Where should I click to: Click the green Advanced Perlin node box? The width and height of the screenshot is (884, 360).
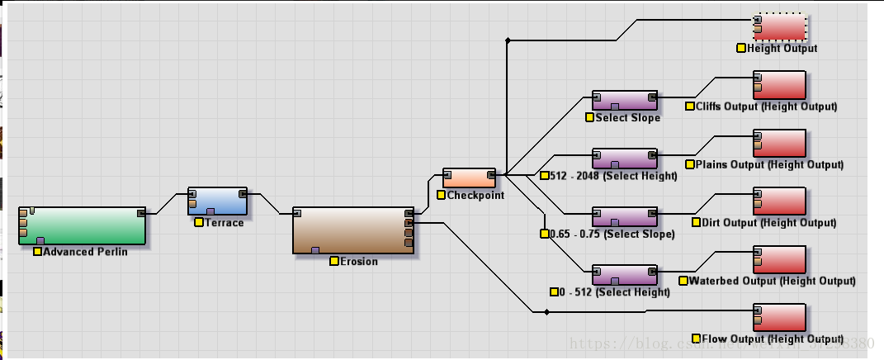coord(83,225)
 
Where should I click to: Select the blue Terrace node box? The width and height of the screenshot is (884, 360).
coord(217,201)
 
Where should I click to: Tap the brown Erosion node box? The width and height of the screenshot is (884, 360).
coord(352,230)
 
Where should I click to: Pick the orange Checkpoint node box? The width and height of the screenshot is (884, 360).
coord(469,178)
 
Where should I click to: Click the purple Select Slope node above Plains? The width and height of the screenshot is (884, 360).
coord(625,101)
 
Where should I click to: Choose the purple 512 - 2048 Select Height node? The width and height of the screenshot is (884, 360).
coord(625,159)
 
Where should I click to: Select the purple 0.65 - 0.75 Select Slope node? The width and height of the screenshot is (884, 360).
coord(625,216)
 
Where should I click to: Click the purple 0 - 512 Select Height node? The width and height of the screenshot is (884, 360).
coord(625,274)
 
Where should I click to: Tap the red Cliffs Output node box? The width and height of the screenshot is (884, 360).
coord(779,85)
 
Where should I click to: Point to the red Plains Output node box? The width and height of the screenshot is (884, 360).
coord(779,143)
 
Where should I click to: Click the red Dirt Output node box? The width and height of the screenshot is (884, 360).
coord(779,201)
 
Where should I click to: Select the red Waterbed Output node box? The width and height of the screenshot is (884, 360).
coord(779,259)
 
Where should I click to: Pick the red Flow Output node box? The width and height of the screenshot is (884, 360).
coord(779,318)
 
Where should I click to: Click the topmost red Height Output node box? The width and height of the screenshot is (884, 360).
coord(779,27)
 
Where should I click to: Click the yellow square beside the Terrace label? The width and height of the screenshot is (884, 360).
coord(199,222)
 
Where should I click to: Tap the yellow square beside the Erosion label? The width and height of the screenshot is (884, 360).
coord(334,261)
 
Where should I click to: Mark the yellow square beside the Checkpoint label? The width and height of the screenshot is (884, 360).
coord(442,195)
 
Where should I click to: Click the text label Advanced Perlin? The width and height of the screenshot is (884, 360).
coord(85,252)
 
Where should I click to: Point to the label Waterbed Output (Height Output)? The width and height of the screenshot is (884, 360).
coord(772,281)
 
